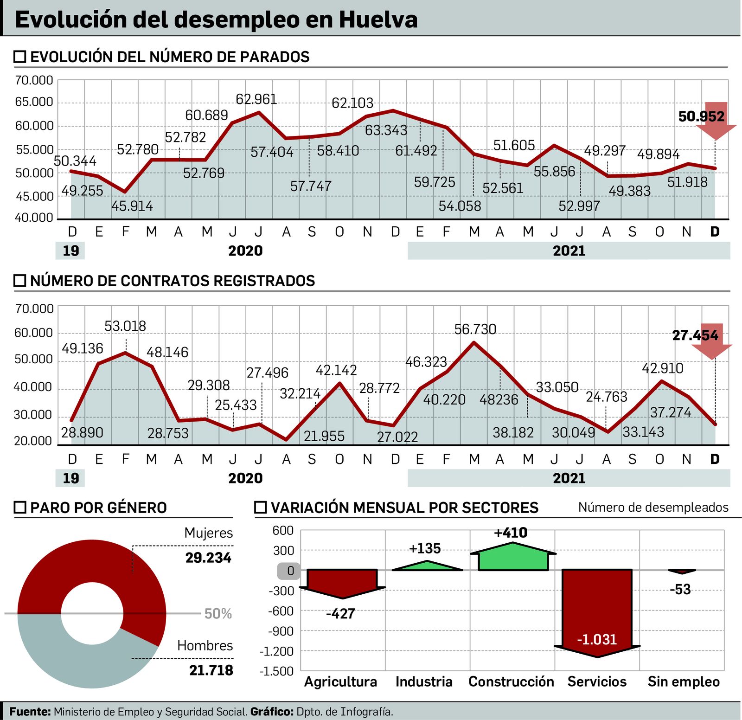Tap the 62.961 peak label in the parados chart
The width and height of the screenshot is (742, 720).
click(x=256, y=99)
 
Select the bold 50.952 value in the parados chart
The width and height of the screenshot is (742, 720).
click(x=701, y=116)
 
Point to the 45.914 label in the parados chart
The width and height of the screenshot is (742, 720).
click(x=132, y=206)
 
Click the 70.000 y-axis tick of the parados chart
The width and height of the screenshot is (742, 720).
click(x=34, y=80)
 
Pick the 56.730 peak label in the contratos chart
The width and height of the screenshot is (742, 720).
click(x=475, y=329)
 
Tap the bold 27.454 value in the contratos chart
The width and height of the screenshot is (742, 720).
click(x=695, y=335)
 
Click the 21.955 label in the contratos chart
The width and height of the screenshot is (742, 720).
click(x=324, y=436)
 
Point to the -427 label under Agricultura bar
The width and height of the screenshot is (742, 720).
click(x=340, y=614)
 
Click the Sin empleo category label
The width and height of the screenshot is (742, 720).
click(x=684, y=681)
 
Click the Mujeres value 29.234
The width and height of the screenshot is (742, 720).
click(x=208, y=558)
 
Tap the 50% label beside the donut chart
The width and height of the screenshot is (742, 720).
click(x=218, y=614)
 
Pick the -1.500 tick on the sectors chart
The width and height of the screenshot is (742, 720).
click(x=276, y=671)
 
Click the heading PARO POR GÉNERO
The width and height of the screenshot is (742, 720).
click(x=98, y=508)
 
